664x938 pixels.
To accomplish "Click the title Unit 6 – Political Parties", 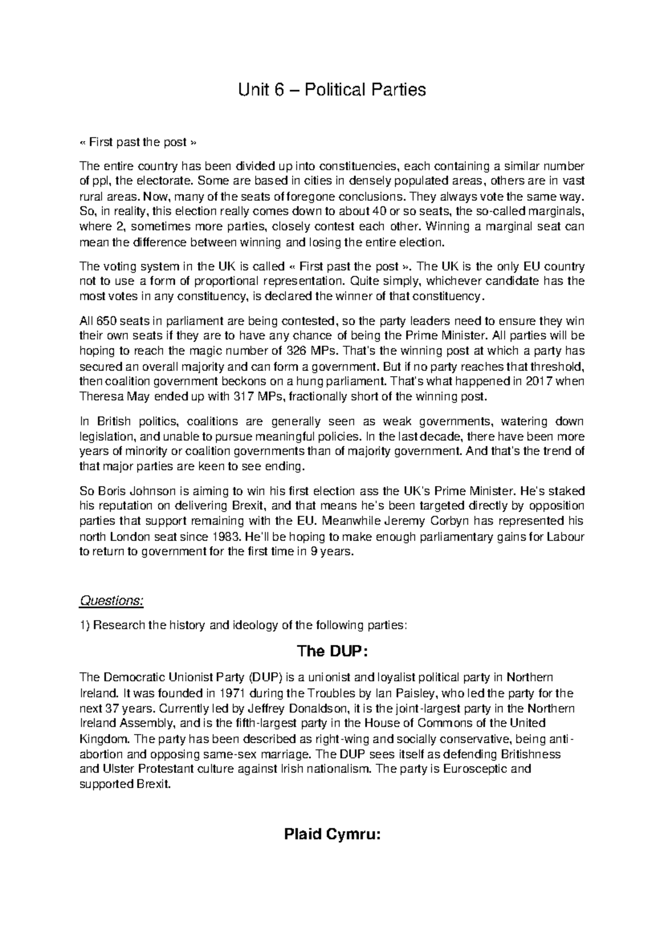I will tap(332, 89).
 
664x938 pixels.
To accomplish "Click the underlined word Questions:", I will tap(112, 600).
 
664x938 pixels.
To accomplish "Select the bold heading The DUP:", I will tap(332, 651).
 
